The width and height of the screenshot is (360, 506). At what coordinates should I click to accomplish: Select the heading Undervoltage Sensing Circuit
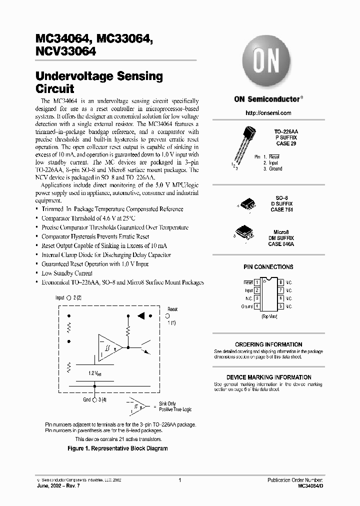point(99,83)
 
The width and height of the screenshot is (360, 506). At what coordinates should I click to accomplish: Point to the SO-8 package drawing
point(248,204)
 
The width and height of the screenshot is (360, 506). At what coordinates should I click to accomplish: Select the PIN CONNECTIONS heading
point(268,267)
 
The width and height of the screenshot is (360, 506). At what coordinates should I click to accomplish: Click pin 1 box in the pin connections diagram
point(256,282)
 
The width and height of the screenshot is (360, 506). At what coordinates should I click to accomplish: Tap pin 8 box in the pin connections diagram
point(281,282)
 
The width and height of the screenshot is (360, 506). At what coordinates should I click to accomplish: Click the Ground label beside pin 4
point(246,306)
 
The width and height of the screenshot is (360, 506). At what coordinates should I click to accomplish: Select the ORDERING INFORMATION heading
point(268,345)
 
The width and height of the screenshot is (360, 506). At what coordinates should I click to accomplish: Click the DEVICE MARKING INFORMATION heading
point(268,377)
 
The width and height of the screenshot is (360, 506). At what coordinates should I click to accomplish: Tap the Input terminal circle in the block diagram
point(69,297)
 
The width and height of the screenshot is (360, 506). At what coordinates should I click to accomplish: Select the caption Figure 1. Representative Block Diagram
point(117,448)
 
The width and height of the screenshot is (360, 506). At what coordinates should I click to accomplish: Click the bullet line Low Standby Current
point(66,273)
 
